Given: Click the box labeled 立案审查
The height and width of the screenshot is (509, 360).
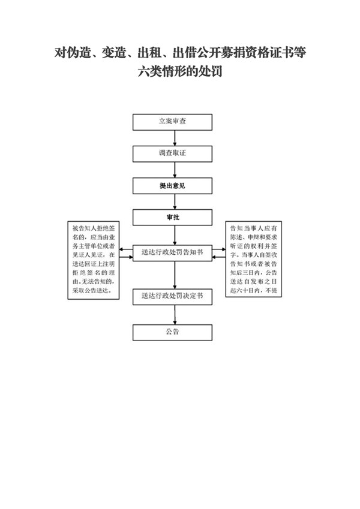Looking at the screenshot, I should click(x=172, y=121).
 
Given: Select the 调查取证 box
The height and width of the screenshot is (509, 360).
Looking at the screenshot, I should click(x=172, y=153).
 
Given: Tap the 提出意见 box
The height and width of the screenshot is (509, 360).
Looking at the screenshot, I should click(x=172, y=186).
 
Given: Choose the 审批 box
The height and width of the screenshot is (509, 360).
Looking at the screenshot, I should click(x=172, y=218).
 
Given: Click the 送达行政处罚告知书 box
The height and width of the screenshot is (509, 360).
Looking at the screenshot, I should click(x=172, y=252).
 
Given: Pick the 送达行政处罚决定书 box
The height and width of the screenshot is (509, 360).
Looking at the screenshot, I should click(x=172, y=296).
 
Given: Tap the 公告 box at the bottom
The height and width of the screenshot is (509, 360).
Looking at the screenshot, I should click(x=172, y=332).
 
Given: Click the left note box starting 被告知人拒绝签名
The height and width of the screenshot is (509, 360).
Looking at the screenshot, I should click(x=94, y=259).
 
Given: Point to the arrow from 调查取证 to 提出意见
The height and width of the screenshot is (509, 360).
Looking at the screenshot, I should click(x=174, y=170).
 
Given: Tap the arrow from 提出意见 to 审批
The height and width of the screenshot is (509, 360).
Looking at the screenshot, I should click(x=174, y=202).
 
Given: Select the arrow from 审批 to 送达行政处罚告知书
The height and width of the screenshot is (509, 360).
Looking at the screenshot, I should click(x=174, y=234).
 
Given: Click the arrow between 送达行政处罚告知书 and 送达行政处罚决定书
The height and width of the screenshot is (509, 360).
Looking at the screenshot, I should click(x=174, y=274).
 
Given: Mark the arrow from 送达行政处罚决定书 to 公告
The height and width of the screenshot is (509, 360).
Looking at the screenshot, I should click(x=174, y=314).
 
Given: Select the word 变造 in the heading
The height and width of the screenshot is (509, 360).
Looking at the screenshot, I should click(x=113, y=53).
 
